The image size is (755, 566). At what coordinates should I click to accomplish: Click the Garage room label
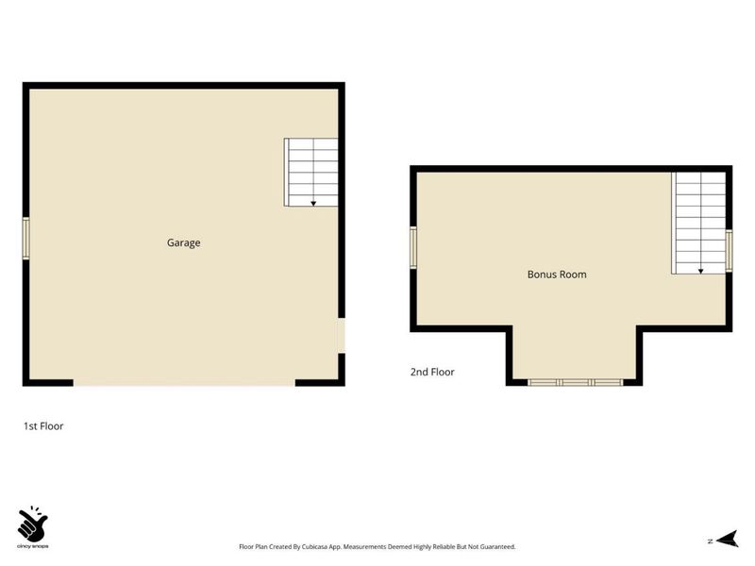[183, 243]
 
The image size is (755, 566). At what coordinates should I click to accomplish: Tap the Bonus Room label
[557, 275]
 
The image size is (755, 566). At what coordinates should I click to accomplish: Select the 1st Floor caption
[43, 426]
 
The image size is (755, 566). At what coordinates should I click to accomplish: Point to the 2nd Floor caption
[432, 372]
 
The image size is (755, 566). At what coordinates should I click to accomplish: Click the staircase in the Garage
[311, 173]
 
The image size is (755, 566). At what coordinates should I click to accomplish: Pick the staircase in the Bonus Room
[698, 224]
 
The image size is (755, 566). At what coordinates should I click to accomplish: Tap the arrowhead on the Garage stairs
[313, 204]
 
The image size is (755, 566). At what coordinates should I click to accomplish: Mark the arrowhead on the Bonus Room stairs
[700, 272]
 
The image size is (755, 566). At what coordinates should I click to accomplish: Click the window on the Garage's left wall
[26, 239]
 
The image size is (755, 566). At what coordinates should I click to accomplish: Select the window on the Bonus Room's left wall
[413, 248]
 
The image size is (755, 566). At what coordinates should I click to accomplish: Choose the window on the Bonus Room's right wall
[729, 251]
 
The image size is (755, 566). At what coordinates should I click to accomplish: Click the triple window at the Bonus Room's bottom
[576, 382]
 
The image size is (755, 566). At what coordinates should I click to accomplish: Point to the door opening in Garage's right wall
[342, 336]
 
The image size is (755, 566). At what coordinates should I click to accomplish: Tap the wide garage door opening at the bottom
[184, 383]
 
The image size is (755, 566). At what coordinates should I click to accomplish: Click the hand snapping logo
[32, 524]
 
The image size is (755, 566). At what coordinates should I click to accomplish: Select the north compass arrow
[727, 539]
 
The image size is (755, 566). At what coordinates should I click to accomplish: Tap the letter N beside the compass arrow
[711, 541]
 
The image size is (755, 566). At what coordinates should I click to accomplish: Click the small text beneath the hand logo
[32, 546]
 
